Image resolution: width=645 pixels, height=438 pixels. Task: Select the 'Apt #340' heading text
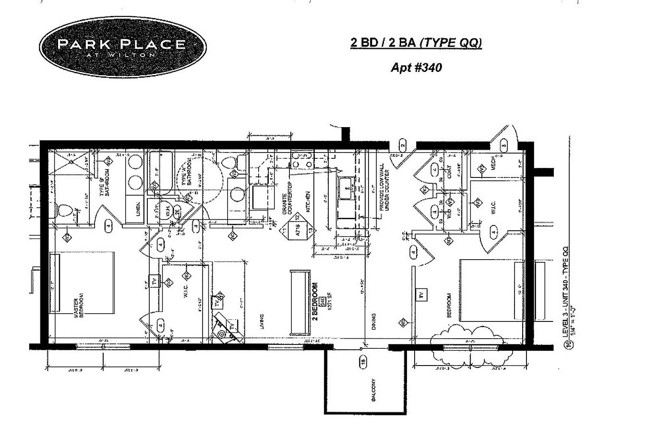coord(416,67)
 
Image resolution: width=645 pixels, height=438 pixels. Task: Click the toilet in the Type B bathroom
coord(64,211)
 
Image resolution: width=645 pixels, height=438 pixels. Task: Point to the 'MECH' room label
coord(493,164)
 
